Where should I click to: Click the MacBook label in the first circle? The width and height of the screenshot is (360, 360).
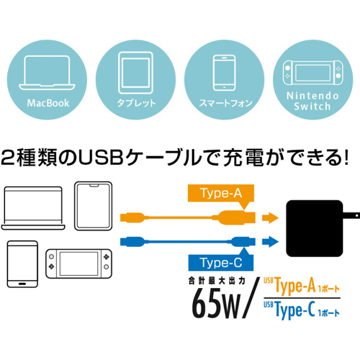click(48, 103)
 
